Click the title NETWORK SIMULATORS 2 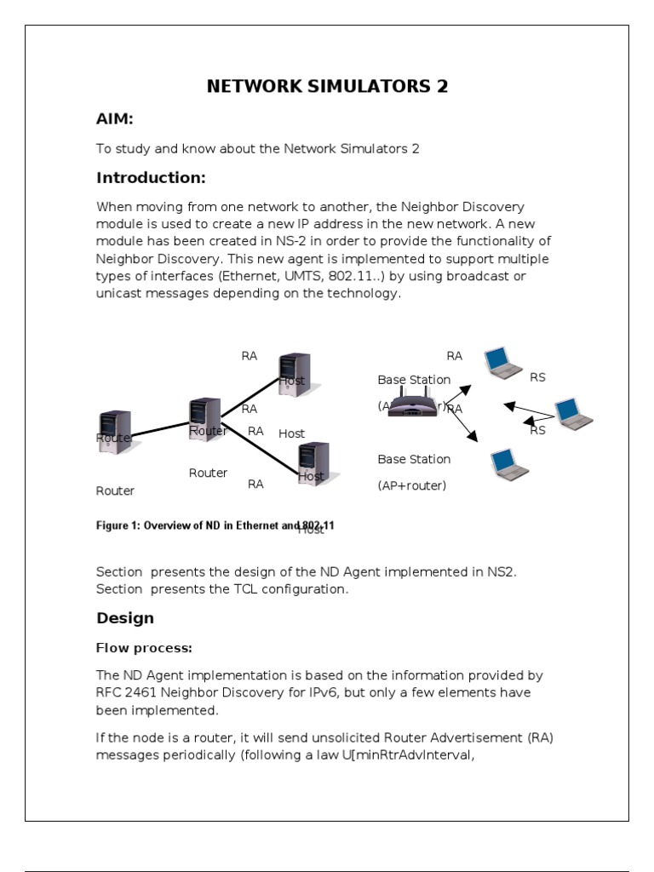pyautogui.click(x=328, y=86)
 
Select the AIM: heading pyautogui.click(x=115, y=118)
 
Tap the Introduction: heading pyautogui.click(x=151, y=178)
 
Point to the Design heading pyautogui.click(x=125, y=618)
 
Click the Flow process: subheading pyautogui.click(x=144, y=648)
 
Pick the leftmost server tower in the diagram pyautogui.click(x=115, y=432)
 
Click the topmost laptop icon pyautogui.click(x=502, y=363)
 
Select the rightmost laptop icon pyautogui.click(x=573, y=414)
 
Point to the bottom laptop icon pyautogui.click(x=509, y=464)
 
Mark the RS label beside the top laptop pyautogui.click(x=537, y=377)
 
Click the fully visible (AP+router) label pyautogui.click(x=412, y=485)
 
